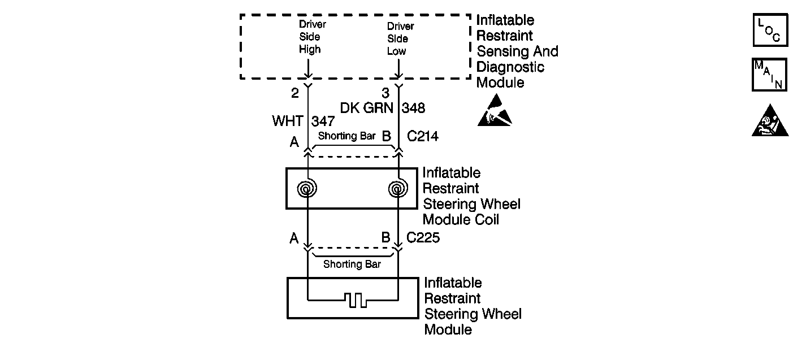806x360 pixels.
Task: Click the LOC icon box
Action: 770,30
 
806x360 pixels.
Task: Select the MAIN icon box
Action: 769,75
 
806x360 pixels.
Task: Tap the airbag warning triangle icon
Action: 770,121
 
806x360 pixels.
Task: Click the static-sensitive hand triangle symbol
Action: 495,110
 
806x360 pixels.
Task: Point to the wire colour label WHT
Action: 288,121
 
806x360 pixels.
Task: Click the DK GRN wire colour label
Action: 366,108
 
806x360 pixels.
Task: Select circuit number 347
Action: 323,121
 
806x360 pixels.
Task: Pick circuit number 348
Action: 413,108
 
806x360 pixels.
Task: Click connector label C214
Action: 422,136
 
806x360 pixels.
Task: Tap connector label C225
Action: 423,238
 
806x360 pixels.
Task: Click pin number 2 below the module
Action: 295,93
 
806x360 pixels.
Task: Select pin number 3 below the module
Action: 385,93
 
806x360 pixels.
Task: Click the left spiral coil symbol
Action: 307,188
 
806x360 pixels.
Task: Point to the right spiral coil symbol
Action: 398,188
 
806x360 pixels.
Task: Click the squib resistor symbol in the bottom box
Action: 356,300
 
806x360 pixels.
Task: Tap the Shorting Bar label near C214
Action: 346,136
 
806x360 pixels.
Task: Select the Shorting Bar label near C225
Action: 352,264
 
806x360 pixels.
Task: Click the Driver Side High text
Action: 313,37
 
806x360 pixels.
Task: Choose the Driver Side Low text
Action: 400,38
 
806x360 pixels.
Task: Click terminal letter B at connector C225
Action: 385,238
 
